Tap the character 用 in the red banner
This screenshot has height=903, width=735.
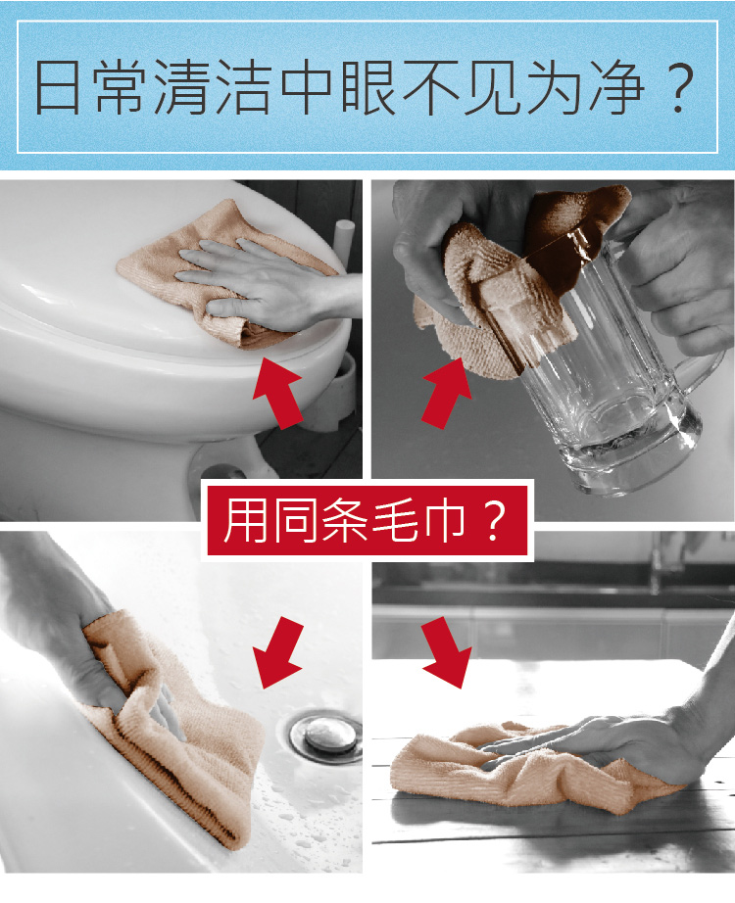coord(244,521)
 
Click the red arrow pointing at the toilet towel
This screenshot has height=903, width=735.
coord(277,393)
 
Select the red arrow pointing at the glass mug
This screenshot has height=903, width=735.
coord(448,391)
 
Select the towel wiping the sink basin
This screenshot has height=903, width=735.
coord(186,744)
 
